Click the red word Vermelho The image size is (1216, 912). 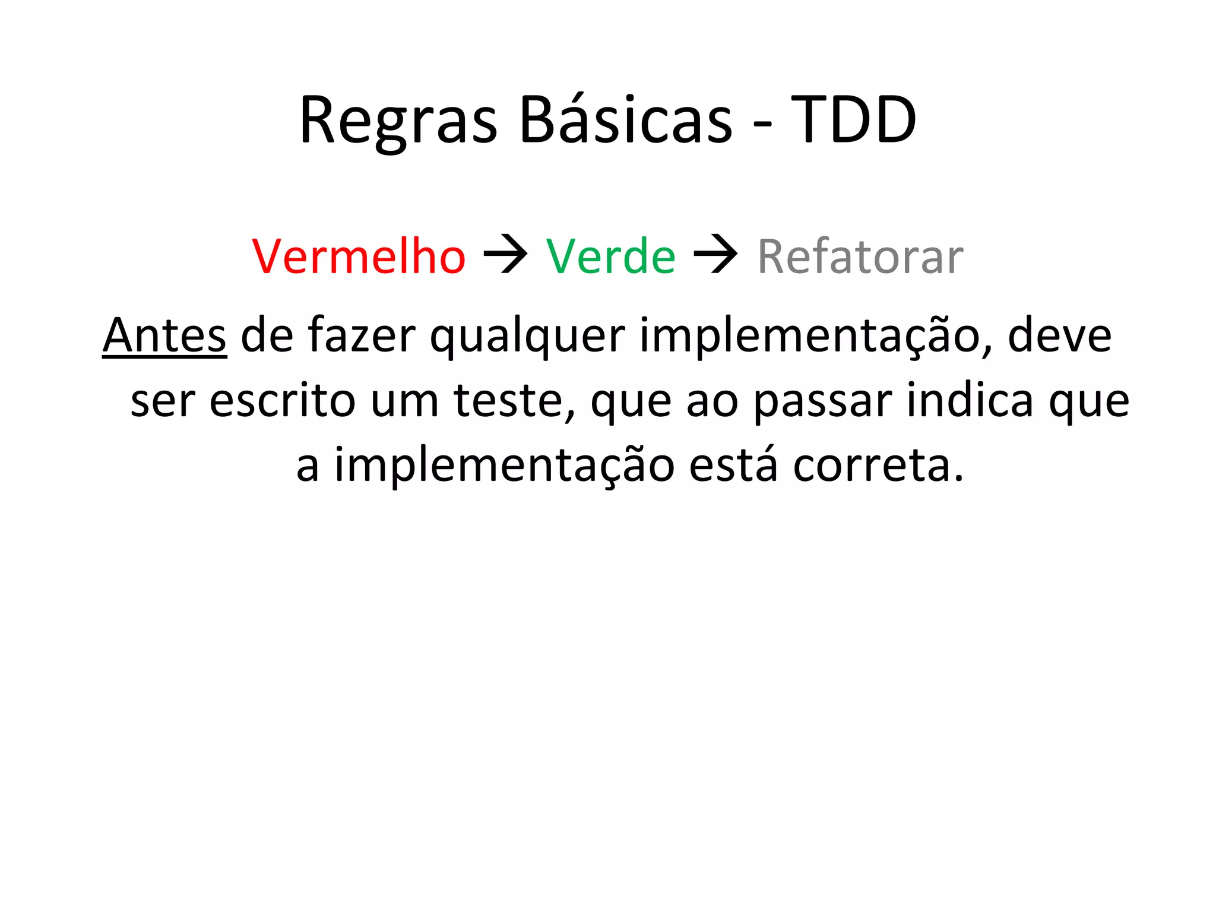[x=359, y=256]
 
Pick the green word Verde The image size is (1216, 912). [x=610, y=256]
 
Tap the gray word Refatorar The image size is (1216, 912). [x=860, y=256]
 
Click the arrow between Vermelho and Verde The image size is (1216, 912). [x=506, y=255]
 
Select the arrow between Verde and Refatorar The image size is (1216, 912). [x=716, y=255]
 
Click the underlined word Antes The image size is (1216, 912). [x=164, y=336]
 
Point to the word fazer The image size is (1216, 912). [x=362, y=336]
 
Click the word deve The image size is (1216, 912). [x=1059, y=336]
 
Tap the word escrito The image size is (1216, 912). [x=282, y=401]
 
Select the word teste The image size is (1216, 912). [x=514, y=401]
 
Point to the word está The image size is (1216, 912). [x=733, y=464]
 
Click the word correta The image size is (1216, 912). [x=878, y=465]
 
